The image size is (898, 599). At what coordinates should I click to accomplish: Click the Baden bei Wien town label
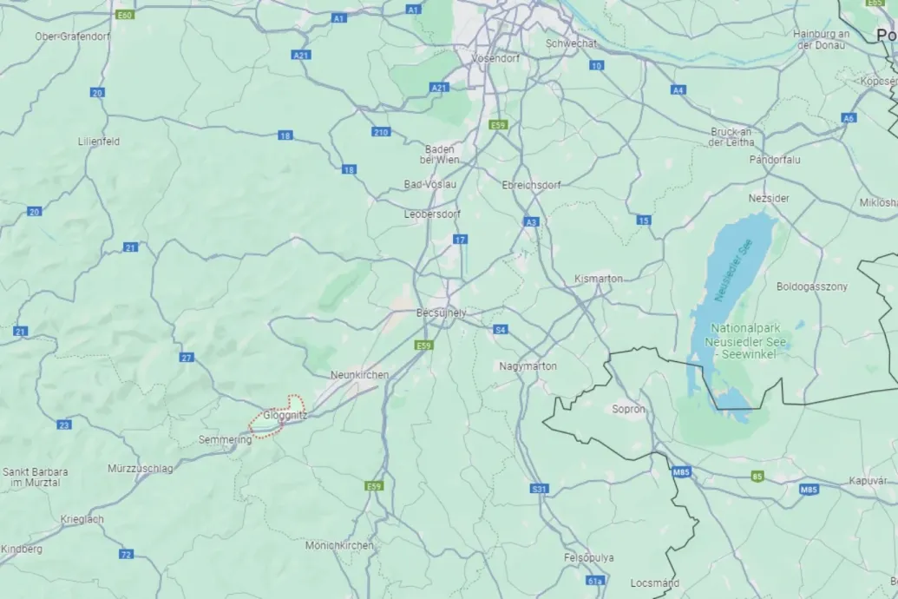[438, 155]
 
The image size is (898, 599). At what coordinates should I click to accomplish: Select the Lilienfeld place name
[99, 141]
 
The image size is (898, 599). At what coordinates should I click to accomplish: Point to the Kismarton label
[599, 279]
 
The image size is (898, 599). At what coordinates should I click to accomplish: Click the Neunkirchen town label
[359, 374]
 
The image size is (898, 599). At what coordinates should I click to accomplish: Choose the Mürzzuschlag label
[141, 469]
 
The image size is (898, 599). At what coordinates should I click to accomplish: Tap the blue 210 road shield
[380, 132]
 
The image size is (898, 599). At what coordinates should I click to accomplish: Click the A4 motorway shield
[678, 90]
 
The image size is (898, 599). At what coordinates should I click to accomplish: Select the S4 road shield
[501, 330]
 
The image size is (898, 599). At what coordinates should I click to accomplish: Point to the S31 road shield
[539, 490]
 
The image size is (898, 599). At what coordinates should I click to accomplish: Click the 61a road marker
[594, 581]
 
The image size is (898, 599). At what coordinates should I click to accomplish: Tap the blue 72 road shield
[127, 554]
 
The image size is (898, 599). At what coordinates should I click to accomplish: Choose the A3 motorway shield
[531, 222]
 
